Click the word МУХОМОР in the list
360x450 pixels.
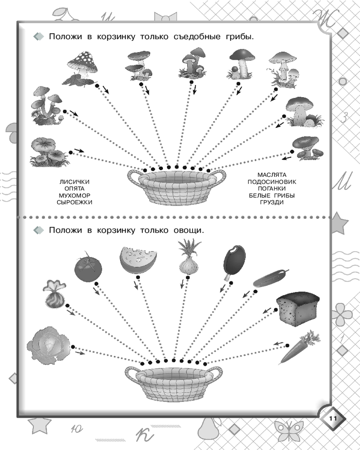pos(74,195)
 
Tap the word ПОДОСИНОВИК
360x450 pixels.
pos(272,182)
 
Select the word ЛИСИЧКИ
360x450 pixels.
pos(74,182)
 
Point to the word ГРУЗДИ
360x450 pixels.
pos(272,202)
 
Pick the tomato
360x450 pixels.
pos(88,267)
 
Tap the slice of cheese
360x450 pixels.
pos(138,260)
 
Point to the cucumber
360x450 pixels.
pos(270,278)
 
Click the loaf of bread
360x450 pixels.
pos(298,309)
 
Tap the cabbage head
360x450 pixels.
pos(49,345)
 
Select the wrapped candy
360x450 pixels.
pos(54,294)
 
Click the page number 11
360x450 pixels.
pos(333,418)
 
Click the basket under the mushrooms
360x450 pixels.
pos(176,187)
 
